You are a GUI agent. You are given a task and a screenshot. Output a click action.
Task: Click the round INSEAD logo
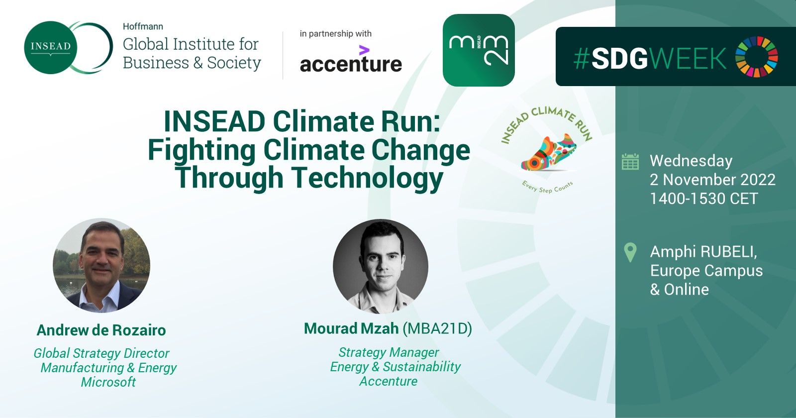[50, 47]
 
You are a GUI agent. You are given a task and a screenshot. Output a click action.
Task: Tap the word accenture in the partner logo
[351, 64]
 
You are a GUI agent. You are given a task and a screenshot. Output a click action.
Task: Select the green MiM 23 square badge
[479, 50]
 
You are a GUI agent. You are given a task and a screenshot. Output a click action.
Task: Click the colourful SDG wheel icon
[757, 57]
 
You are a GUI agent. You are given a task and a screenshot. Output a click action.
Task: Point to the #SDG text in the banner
[610, 58]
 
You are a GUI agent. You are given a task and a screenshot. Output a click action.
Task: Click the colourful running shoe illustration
[549, 152]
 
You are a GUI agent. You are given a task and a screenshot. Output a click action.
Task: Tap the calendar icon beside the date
[630, 161]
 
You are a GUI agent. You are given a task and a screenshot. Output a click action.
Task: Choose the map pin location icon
[630, 252]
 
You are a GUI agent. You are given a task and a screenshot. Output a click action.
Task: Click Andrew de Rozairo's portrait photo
[101, 266]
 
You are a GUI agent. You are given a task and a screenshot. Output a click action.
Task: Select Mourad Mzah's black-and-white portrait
[381, 267]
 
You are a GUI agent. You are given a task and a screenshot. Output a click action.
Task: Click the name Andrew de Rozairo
[101, 330]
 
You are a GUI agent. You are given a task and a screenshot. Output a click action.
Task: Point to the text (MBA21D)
[437, 329]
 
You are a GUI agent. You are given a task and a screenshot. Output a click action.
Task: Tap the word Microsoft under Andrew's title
[108, 382]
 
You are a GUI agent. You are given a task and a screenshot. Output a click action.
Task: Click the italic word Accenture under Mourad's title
[389, 381]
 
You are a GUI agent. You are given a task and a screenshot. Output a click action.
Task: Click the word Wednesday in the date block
[691, 161]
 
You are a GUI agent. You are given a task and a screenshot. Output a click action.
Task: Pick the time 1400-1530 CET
[704, 199]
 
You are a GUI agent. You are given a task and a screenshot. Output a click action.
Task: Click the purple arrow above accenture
[364, 50]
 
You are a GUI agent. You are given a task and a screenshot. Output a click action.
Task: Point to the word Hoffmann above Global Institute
[143, 27]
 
